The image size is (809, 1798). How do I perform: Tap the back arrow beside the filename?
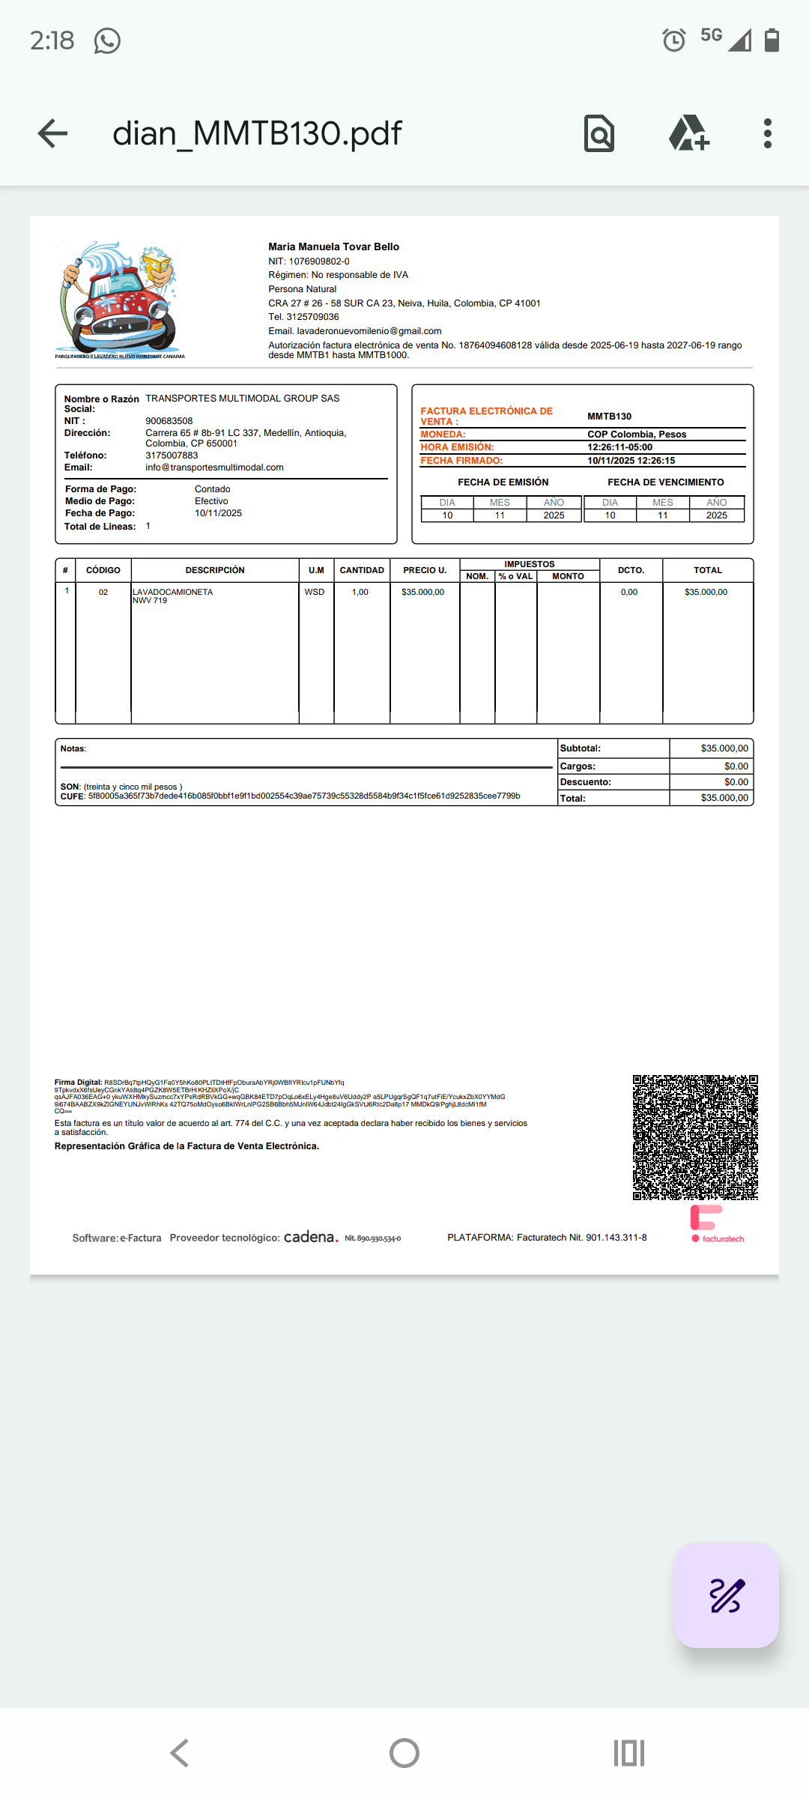[52, 133]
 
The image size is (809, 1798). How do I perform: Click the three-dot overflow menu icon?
[767, 133]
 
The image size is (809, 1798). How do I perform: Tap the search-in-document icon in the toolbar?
[599, 133]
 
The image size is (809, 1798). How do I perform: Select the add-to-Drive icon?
[688, 133]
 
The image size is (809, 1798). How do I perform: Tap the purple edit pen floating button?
[726, 1595]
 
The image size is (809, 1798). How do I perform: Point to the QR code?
[695, 1137]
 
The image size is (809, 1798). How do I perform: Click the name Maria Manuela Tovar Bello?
[333, 246]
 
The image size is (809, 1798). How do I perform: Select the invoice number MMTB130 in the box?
[609, 417]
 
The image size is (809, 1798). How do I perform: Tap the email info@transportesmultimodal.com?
[214, 467]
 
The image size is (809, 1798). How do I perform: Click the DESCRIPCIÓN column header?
[215, 570]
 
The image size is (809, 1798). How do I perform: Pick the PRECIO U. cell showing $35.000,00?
[422, 592]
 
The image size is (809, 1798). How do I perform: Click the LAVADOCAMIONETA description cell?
[173, 592]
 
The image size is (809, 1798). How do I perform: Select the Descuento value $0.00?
[736, 782]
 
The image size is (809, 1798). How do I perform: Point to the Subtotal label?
[581, 748]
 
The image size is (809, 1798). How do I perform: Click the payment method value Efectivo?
[211, 501]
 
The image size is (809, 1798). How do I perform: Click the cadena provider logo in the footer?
[311, 1237]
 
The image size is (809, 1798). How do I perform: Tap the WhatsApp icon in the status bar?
[107, 40]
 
